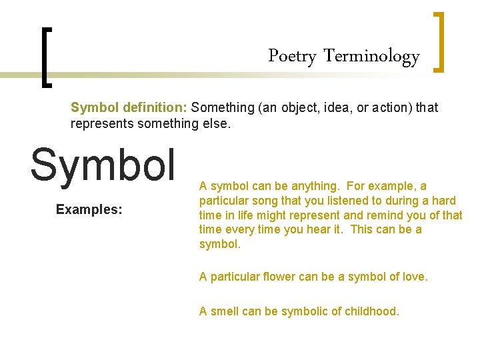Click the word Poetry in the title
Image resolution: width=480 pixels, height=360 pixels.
[291, 57]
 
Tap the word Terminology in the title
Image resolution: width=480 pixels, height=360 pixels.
[371, 57]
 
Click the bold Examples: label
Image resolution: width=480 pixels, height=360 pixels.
[89, 209]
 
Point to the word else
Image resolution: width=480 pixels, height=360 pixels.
[213, 123]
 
